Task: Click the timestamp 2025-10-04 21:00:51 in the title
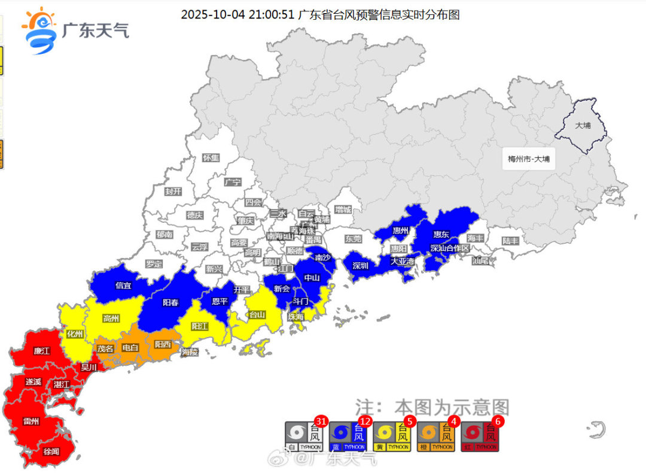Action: coord(237,14)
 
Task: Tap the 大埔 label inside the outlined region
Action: coord(582,126)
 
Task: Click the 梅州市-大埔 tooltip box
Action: coord(528,159)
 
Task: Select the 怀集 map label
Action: coord(211,158)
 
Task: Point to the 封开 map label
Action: coord(173,192)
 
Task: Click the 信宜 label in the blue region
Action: coord(124,286)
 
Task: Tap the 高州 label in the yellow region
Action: coord(111,318)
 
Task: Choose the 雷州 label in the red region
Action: coord(31,421)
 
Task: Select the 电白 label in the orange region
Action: coord(130,348)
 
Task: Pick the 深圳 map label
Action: coord(361,265)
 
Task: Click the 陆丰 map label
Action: coord(510,241)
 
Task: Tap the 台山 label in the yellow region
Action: coord(257,314)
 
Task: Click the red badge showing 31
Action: coord(321,421)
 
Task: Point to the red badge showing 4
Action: coord(453,421)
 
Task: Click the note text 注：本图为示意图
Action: coord(432,408)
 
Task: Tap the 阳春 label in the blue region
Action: coord(170,302)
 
